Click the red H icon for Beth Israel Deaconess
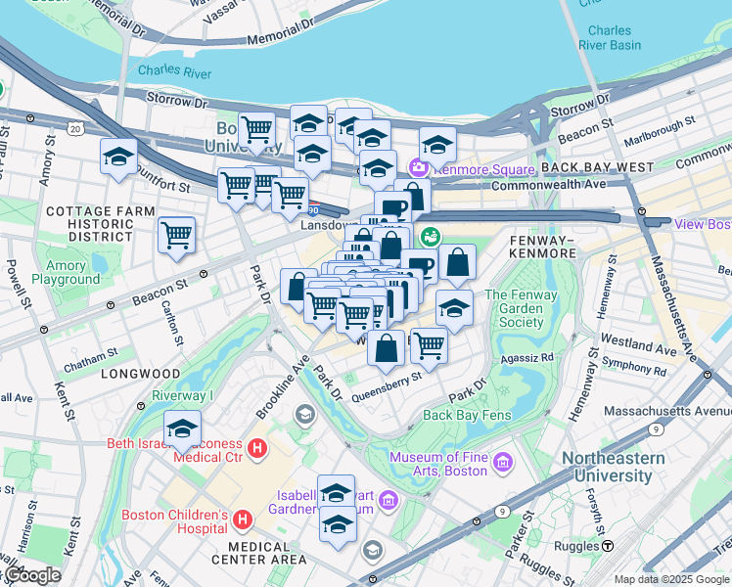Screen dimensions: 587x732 [256, 450]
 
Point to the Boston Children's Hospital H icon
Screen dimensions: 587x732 [244, 517]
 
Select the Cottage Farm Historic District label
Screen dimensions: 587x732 [101, 224]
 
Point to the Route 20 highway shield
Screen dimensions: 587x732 [74, 127]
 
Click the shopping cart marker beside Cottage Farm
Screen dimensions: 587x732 [176, 235]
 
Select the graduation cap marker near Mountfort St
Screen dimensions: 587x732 [118, 157]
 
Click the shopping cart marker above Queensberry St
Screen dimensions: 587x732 [428, 343]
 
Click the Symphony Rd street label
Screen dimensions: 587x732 [634, 371]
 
